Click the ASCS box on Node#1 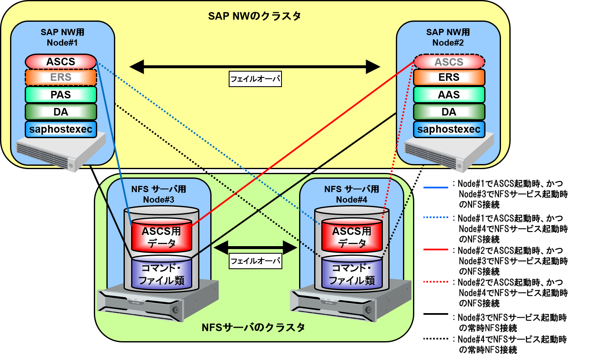61,62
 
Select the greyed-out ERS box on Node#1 61,77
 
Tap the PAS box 61,95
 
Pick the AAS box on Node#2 449,95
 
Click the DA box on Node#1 61,112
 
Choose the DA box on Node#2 449,112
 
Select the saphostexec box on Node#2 449,129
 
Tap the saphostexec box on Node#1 61,129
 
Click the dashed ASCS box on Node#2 449,62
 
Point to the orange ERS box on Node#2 449,77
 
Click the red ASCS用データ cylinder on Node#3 161,237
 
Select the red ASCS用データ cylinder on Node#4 352,237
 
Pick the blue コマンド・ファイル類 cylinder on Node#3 161,274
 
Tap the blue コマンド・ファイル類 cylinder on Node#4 352,274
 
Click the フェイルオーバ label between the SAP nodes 255,79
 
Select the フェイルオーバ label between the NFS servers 255,261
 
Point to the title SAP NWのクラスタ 255,16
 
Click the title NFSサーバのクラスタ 253,327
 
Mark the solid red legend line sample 436,249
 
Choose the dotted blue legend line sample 436,218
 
